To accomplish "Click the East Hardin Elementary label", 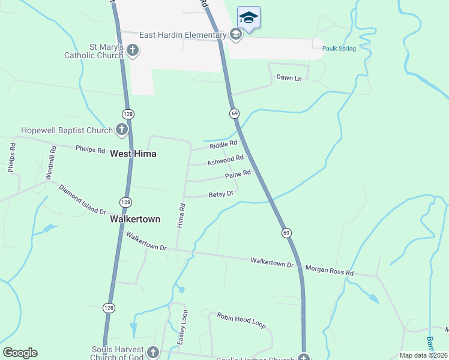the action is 182,35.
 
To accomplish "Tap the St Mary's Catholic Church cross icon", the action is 133,50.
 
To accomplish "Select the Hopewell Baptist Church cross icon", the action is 122,130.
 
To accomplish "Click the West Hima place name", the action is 133,154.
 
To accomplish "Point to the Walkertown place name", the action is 135,219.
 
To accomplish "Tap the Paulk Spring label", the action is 339,49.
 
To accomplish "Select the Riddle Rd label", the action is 223,145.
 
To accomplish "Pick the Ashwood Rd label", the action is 225,160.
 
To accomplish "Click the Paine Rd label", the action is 237,175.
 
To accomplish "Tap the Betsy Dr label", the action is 220,194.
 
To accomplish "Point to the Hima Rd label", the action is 181,214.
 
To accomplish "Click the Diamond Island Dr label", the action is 82,200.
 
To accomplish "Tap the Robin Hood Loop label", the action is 241,320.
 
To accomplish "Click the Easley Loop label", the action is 182,327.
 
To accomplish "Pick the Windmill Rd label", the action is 50,163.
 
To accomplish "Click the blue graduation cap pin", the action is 249,18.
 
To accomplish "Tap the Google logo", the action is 20,353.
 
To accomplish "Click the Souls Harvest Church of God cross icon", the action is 152,352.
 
